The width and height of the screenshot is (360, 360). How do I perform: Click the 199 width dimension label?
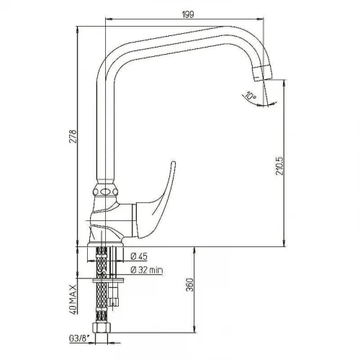188,14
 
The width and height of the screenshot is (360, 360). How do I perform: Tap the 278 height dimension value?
73,137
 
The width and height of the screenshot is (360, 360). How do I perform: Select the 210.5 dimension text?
279,166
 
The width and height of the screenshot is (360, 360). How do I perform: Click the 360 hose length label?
189,285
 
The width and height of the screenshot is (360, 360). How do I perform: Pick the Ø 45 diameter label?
139,256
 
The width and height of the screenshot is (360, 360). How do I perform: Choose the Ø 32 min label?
147,270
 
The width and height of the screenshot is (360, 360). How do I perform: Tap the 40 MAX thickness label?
73,300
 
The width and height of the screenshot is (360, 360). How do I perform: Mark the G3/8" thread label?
79,338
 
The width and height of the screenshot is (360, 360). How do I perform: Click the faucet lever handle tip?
174,163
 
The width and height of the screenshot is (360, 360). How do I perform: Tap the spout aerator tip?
263,73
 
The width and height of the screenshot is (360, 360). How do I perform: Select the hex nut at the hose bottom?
102,328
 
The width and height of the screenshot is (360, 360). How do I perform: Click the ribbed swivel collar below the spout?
105,190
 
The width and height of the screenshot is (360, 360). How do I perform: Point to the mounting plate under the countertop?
108,280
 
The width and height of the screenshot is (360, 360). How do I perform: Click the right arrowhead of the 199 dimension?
261,19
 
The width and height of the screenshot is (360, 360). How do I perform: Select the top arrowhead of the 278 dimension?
77,30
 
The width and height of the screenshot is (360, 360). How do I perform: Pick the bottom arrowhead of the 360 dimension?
194,329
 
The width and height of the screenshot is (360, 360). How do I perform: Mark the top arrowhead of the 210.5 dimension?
284,84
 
